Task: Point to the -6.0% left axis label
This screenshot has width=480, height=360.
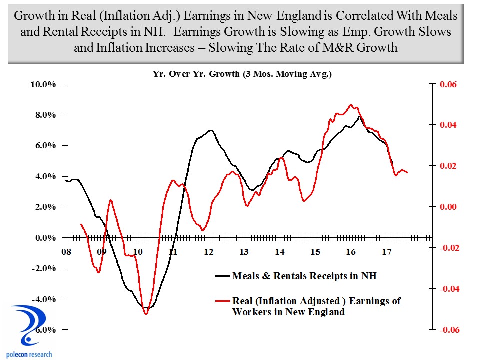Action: click(x=44, y=330)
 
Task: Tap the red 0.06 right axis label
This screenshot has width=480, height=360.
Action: click(x=447, y=84)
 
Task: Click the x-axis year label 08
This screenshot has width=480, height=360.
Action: click(x=66, y=252)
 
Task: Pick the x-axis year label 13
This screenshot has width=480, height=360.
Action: click(x=243, y=252)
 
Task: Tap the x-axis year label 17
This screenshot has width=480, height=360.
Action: click(x=385, y=252)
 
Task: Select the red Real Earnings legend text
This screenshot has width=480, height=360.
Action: click(x=317, y=306)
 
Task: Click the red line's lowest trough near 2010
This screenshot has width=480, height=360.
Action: click(x=146, y=314)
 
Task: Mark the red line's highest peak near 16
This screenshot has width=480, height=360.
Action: click(x=351, y=105)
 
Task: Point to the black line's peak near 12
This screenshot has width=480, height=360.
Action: click(x=211, y=130)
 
